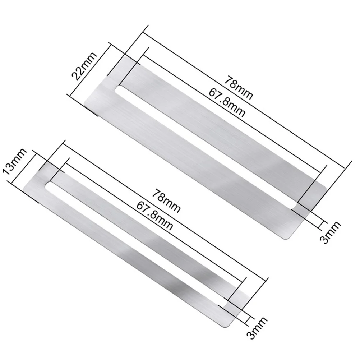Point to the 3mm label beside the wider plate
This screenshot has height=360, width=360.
[x=330, y=232]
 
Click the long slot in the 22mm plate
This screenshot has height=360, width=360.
[x=207, y=147]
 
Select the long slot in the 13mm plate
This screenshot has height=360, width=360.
[x=137, y=244]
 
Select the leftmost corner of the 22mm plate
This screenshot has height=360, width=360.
[x=84, y=105]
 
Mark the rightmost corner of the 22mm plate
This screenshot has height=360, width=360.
[x=326, y=187]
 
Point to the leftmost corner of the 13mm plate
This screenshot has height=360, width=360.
[x=24, y=189]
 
